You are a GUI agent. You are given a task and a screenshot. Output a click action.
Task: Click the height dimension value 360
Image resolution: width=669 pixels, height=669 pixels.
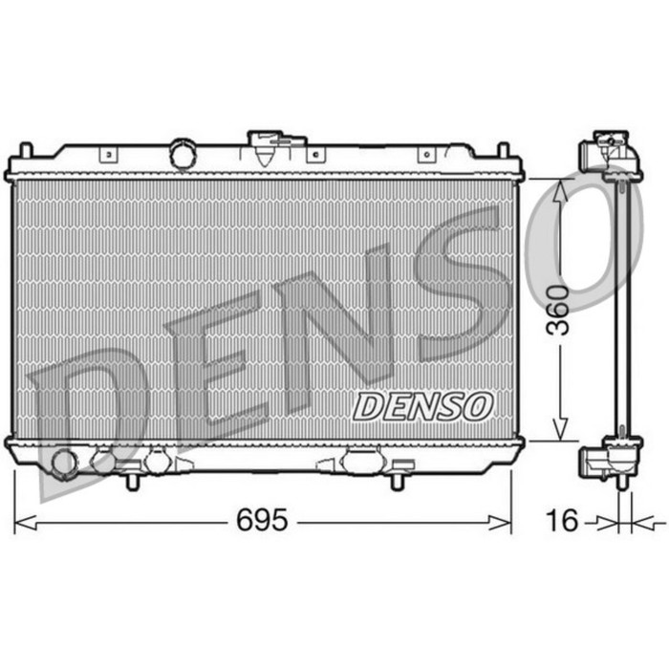(560, 310)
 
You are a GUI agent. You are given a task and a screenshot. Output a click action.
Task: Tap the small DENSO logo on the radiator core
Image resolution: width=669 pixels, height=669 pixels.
(421, 405)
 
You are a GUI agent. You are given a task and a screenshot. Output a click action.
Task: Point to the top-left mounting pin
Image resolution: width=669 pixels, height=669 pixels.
(26, 151)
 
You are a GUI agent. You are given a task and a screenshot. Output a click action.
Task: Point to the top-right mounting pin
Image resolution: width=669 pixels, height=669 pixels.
(503, 151)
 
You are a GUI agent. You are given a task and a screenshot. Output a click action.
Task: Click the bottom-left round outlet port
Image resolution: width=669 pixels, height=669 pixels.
(64, 463)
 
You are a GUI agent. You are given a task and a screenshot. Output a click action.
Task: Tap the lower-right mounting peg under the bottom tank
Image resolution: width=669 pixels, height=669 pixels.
(396, 480)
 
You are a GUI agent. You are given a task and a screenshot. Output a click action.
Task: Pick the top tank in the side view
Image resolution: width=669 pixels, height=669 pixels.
(610, 153)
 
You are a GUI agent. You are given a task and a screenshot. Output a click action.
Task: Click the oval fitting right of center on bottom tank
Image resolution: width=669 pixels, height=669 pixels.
(361, 462)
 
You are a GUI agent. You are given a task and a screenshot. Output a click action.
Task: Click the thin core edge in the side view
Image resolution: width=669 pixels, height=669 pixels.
(624, 306)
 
